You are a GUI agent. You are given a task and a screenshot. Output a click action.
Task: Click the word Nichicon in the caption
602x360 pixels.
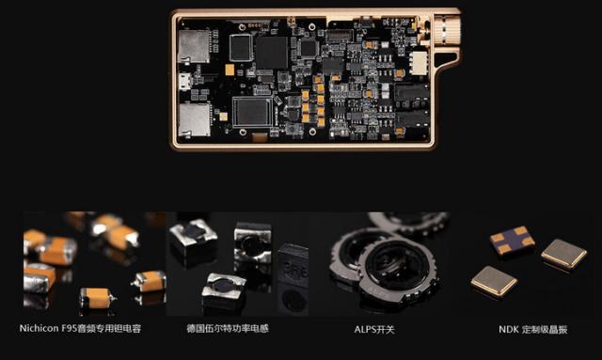40,330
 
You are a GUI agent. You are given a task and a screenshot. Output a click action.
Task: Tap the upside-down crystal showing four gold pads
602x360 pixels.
512,241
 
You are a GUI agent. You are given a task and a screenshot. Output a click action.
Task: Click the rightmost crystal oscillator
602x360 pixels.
563,253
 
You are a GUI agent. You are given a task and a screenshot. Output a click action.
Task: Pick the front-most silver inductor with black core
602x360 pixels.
223,290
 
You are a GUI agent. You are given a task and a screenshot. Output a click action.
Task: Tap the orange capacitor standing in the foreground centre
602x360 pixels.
97,299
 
